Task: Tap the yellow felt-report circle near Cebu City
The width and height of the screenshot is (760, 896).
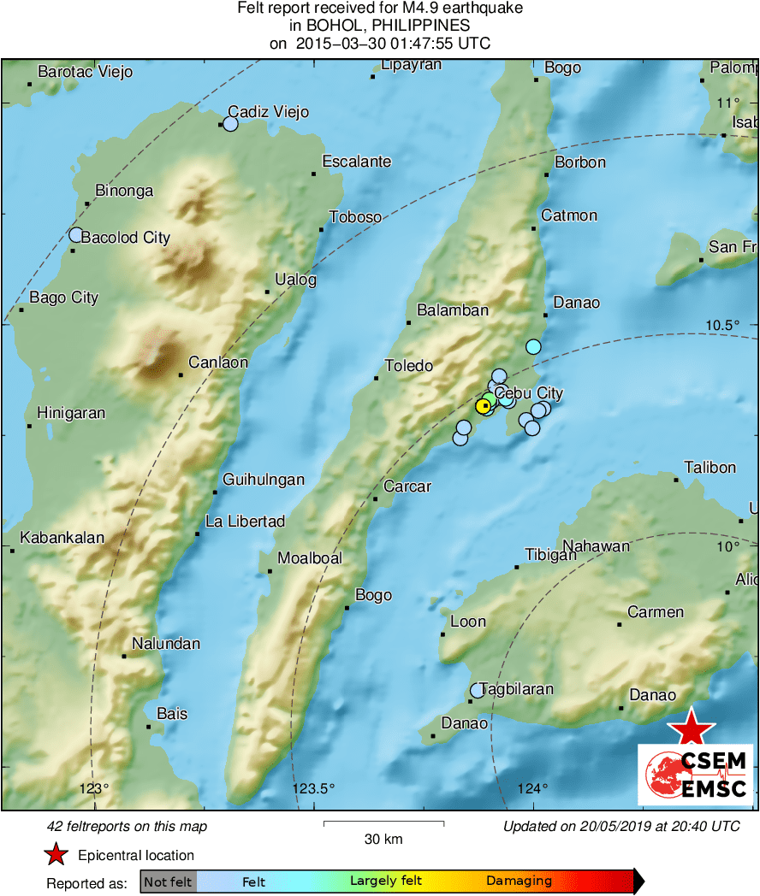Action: pos(484,404)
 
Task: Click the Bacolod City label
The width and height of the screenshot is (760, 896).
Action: pos(126,238)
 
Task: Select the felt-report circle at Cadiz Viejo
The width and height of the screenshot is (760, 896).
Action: pos(229,124)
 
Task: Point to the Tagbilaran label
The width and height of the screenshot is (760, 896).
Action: pos(517,689)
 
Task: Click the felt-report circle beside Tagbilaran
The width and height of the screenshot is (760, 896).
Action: pos(478,690)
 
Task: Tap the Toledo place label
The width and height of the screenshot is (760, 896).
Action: pos(409,366)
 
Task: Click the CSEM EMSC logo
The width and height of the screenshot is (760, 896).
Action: pos(696,774)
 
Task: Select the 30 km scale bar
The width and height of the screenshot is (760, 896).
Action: pos(383,823)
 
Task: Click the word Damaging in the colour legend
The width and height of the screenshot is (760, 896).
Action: pos(519,881)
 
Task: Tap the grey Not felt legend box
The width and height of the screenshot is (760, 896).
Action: pos(168,881)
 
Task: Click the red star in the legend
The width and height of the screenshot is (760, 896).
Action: pos(56,855)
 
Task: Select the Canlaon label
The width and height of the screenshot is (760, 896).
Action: pos(218,363)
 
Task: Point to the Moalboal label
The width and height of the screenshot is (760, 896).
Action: pos(309,558)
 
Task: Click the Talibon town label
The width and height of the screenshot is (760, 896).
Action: pos(710,468)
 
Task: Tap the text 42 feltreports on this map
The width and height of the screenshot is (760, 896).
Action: pos(127,827)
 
